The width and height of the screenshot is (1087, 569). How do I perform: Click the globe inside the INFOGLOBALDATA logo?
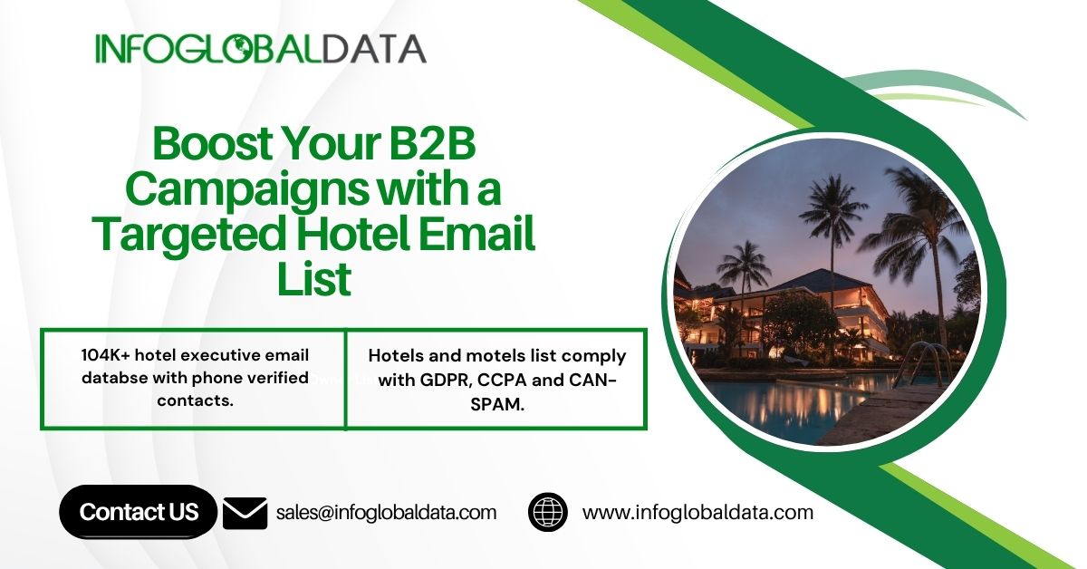pos(239,49)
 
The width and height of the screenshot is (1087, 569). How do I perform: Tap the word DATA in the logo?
pos(374,49)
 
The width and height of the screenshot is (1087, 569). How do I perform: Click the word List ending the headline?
pos(314,279)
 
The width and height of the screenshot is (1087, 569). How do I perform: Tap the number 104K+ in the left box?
pos(105,355)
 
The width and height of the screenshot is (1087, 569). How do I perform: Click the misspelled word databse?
pos(114,378)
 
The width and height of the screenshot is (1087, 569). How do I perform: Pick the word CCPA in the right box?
pos(502,381)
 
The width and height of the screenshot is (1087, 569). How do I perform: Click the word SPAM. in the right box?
pos(497,404)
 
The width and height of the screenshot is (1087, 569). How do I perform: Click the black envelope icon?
pos(245,513)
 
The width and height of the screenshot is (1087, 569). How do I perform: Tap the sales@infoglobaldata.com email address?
pos(386,513)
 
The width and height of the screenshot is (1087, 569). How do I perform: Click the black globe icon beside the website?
pos(548,512)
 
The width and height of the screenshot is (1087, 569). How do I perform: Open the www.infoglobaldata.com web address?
pos(697,513)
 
